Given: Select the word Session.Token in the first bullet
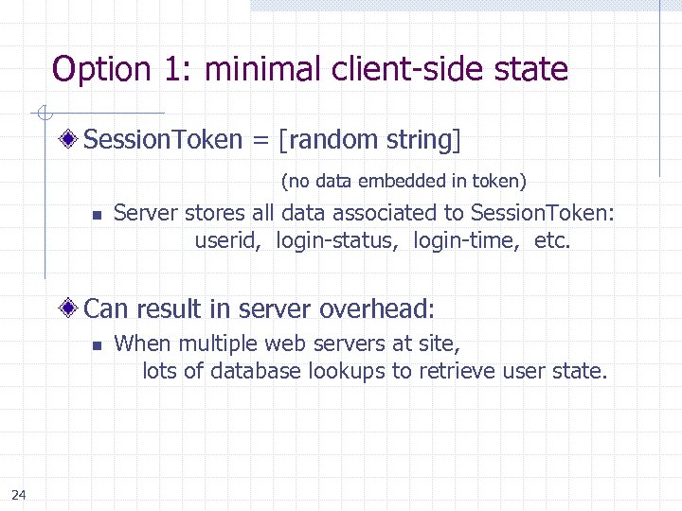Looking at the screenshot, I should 164,141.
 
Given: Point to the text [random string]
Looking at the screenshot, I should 369,141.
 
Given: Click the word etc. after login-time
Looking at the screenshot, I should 553,240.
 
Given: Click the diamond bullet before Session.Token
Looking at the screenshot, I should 71,141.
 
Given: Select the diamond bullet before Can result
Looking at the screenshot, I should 71,308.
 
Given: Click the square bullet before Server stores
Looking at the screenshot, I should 96,215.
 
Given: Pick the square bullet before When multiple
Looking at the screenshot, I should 96,345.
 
